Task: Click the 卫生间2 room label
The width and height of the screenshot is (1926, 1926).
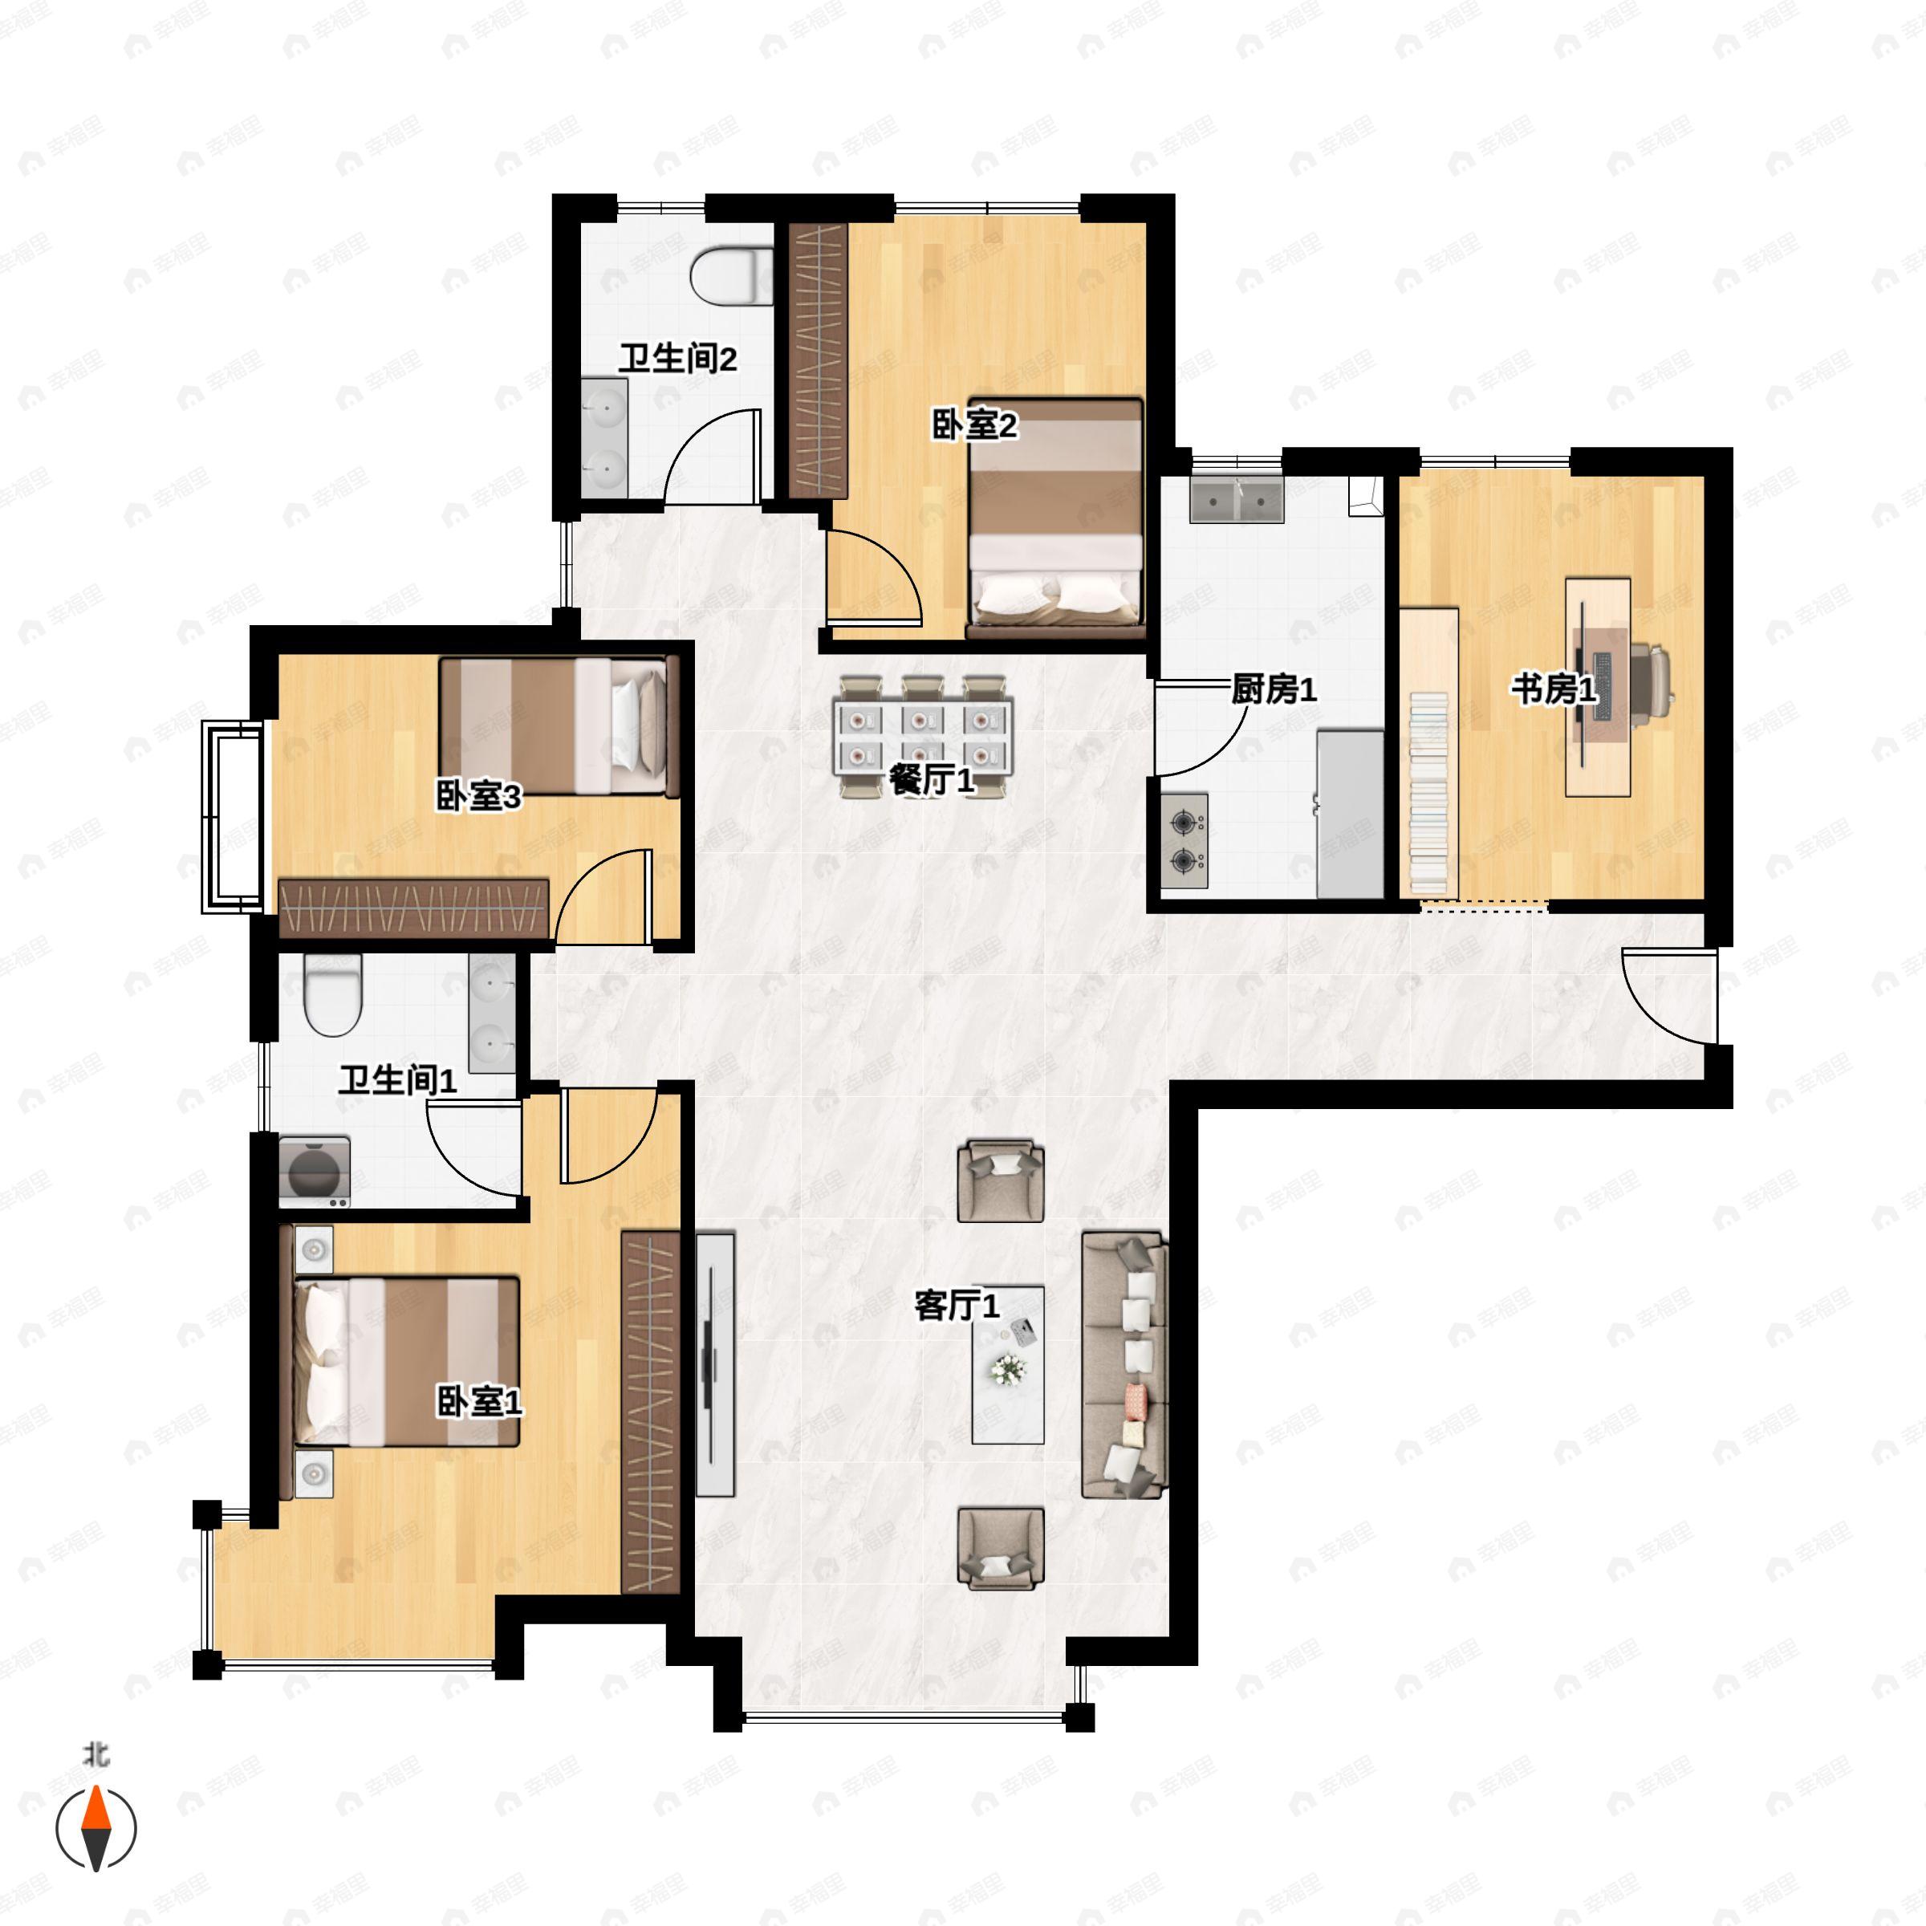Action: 678,359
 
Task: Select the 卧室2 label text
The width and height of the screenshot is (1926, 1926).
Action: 974,425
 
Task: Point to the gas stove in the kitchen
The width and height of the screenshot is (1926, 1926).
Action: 1184,840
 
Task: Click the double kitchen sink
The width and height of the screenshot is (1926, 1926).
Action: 1236,499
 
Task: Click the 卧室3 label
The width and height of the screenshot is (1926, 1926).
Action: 478,797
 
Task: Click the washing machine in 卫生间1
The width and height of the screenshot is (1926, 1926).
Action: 314,1172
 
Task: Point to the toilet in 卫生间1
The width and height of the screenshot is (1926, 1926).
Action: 332,995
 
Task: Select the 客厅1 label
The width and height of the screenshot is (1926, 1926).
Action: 957,1305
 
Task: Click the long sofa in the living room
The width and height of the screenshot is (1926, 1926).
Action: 1124,1365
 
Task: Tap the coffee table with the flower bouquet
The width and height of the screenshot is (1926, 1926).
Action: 1008,1365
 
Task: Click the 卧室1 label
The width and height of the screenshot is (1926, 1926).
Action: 480,1403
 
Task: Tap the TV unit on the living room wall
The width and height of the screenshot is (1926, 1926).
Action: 715,1365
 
